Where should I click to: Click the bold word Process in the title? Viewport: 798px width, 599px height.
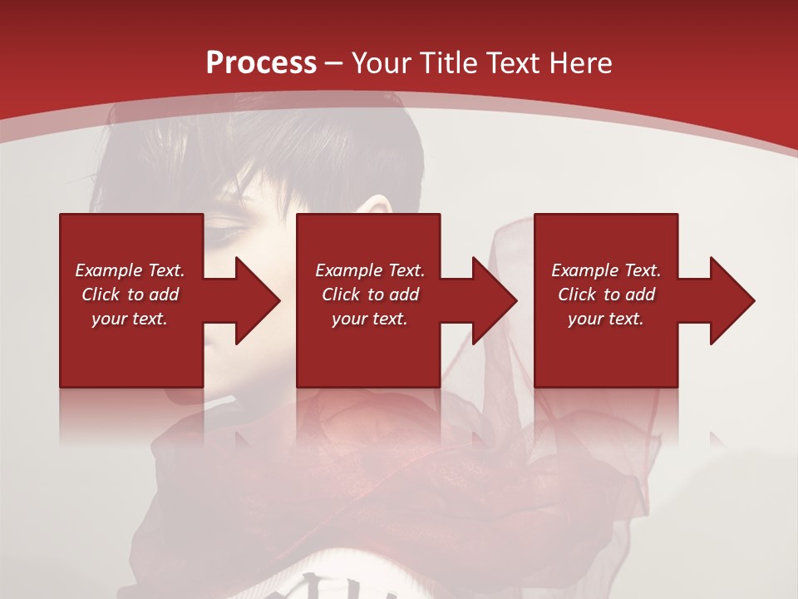(x=261, y=63)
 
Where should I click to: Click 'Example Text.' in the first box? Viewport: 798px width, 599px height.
(x=130, y=270)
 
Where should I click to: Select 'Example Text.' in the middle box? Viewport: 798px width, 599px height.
(x=370, y=270)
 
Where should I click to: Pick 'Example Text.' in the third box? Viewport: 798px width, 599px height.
(x=606, y=270)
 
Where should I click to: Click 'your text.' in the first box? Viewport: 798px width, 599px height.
(x=130, y=319)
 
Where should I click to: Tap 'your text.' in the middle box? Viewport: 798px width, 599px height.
(x=370, y=319)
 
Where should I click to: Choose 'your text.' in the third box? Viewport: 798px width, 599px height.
(x=606, y=319)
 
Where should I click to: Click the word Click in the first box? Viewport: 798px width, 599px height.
(x=101, y=295)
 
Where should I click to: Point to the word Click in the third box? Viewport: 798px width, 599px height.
(x=577, y=295)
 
